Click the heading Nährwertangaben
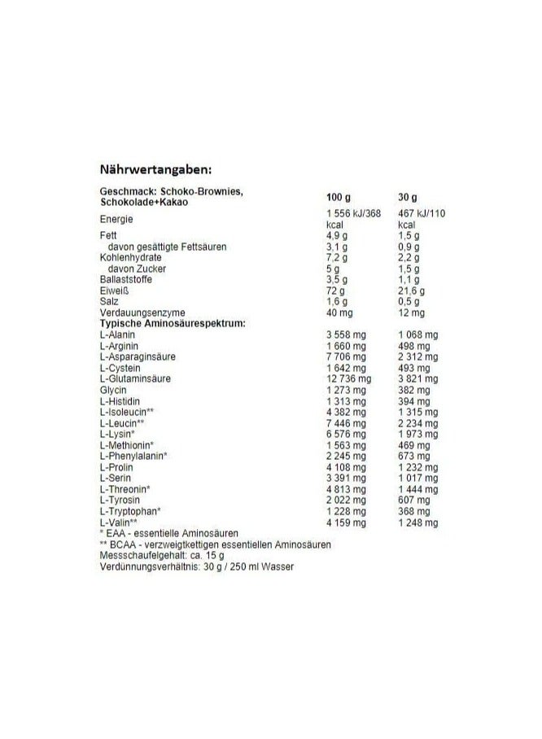[155, 169]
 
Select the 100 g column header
[339, 197]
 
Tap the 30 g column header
[409, 197]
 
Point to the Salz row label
[107, 301]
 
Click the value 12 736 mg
[348, 378]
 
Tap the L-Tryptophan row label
[129, 511]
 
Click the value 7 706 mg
[345, 356]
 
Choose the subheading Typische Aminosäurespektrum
[173, 323]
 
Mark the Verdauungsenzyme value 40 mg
[339, 313]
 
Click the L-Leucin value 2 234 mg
[420, 423]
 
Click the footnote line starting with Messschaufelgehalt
[161, 555]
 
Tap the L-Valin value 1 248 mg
[420, 523]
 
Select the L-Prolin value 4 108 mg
[345, 467]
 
